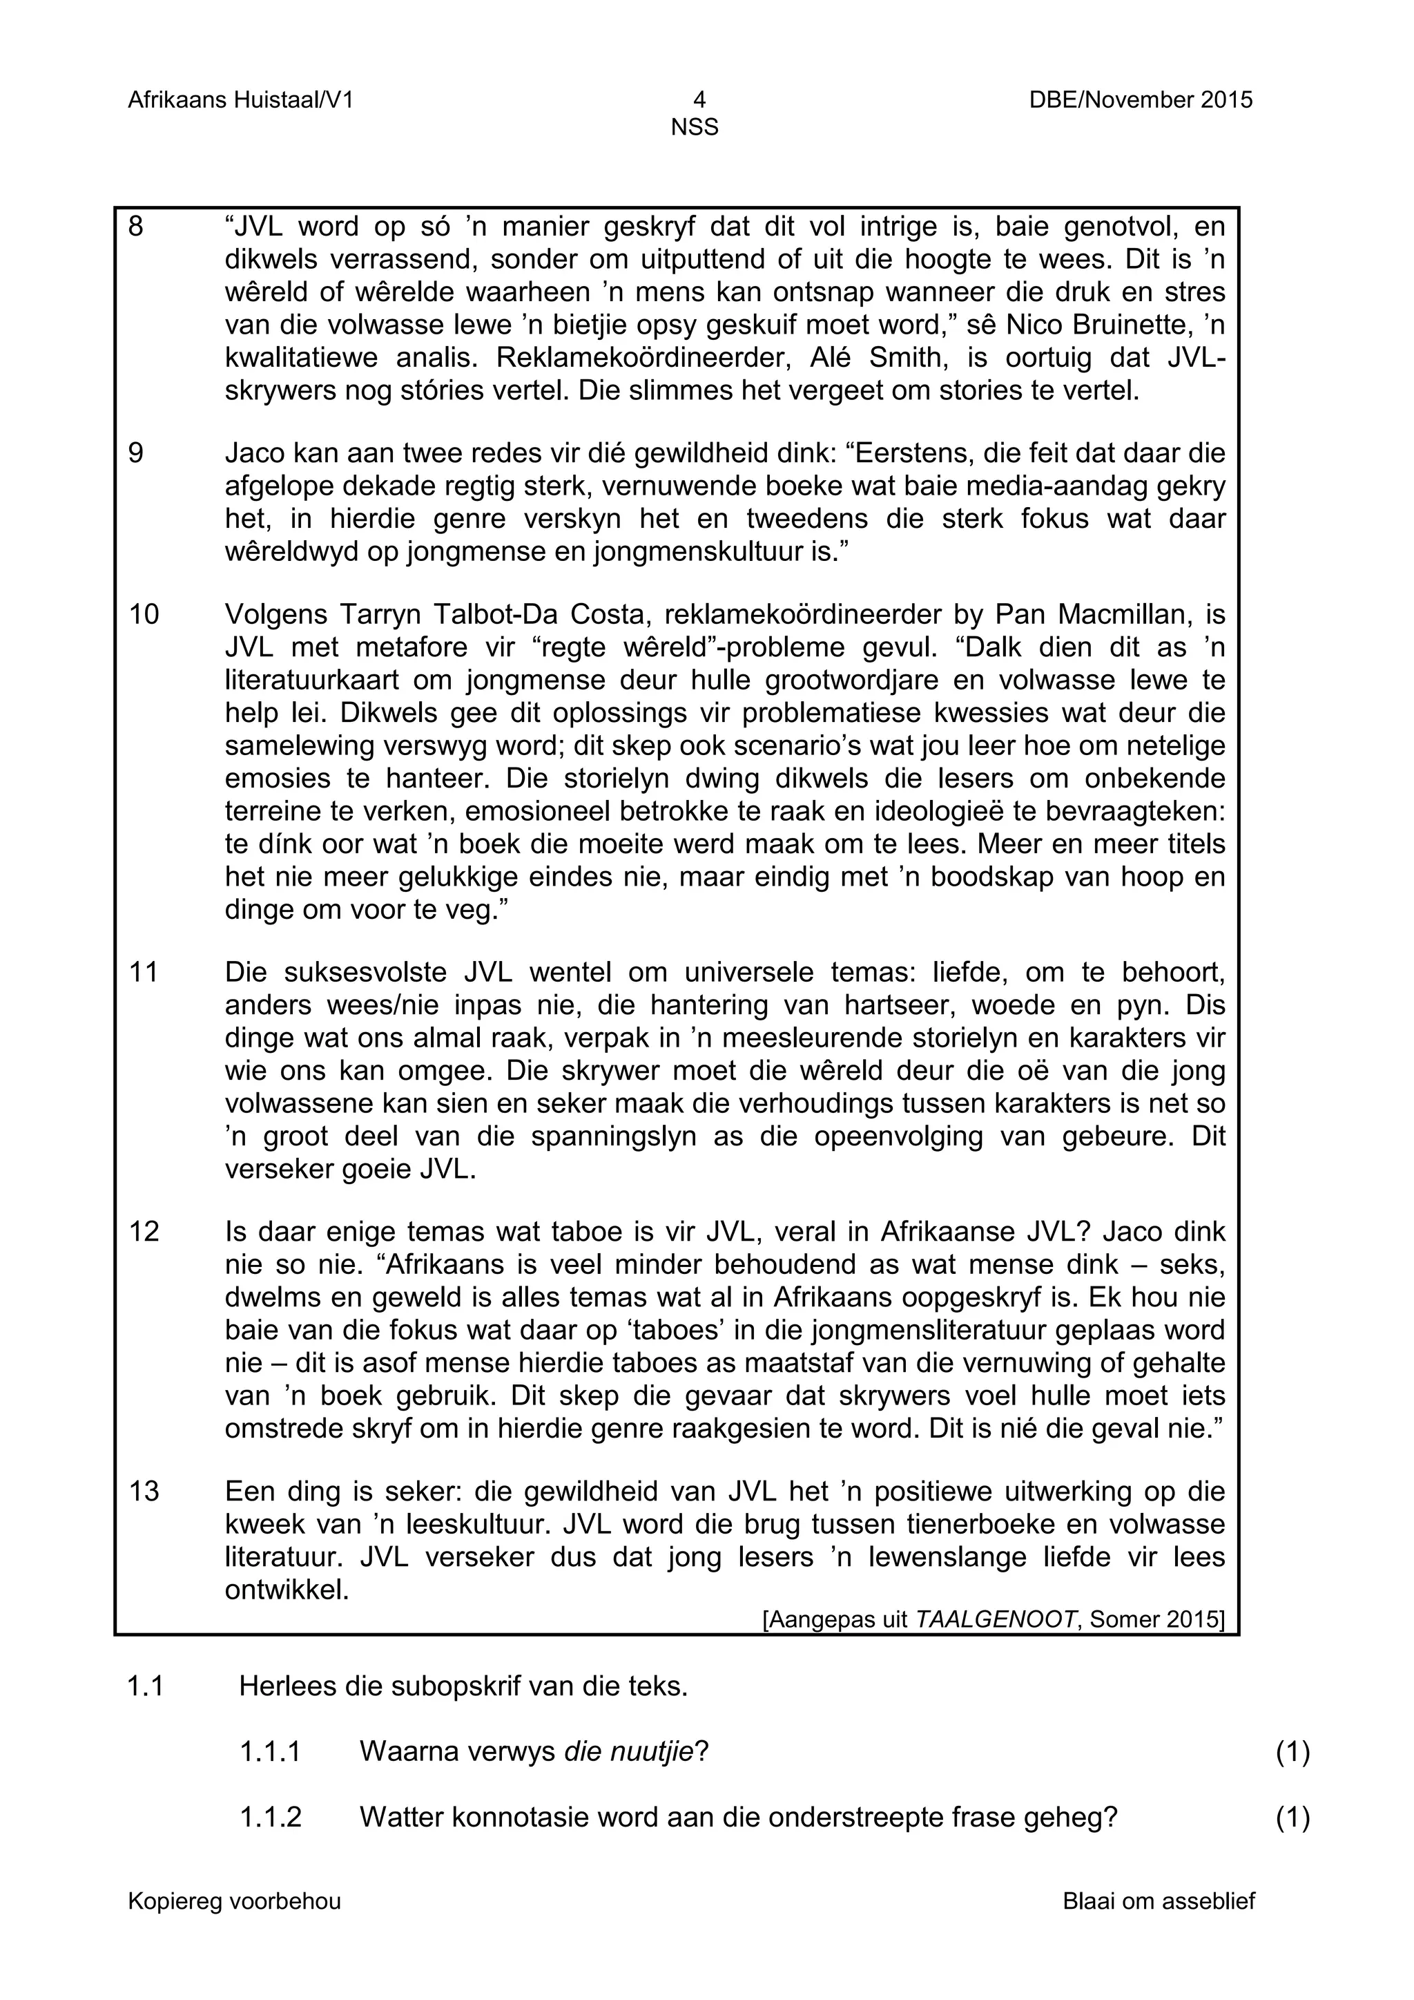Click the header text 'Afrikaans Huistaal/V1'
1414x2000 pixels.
click(240, 100)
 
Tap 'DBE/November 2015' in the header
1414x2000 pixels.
click(1141, 100)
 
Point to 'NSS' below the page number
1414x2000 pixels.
click(694, 128)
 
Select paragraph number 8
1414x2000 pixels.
click(136, 227)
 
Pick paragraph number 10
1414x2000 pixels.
click(144, 615)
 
